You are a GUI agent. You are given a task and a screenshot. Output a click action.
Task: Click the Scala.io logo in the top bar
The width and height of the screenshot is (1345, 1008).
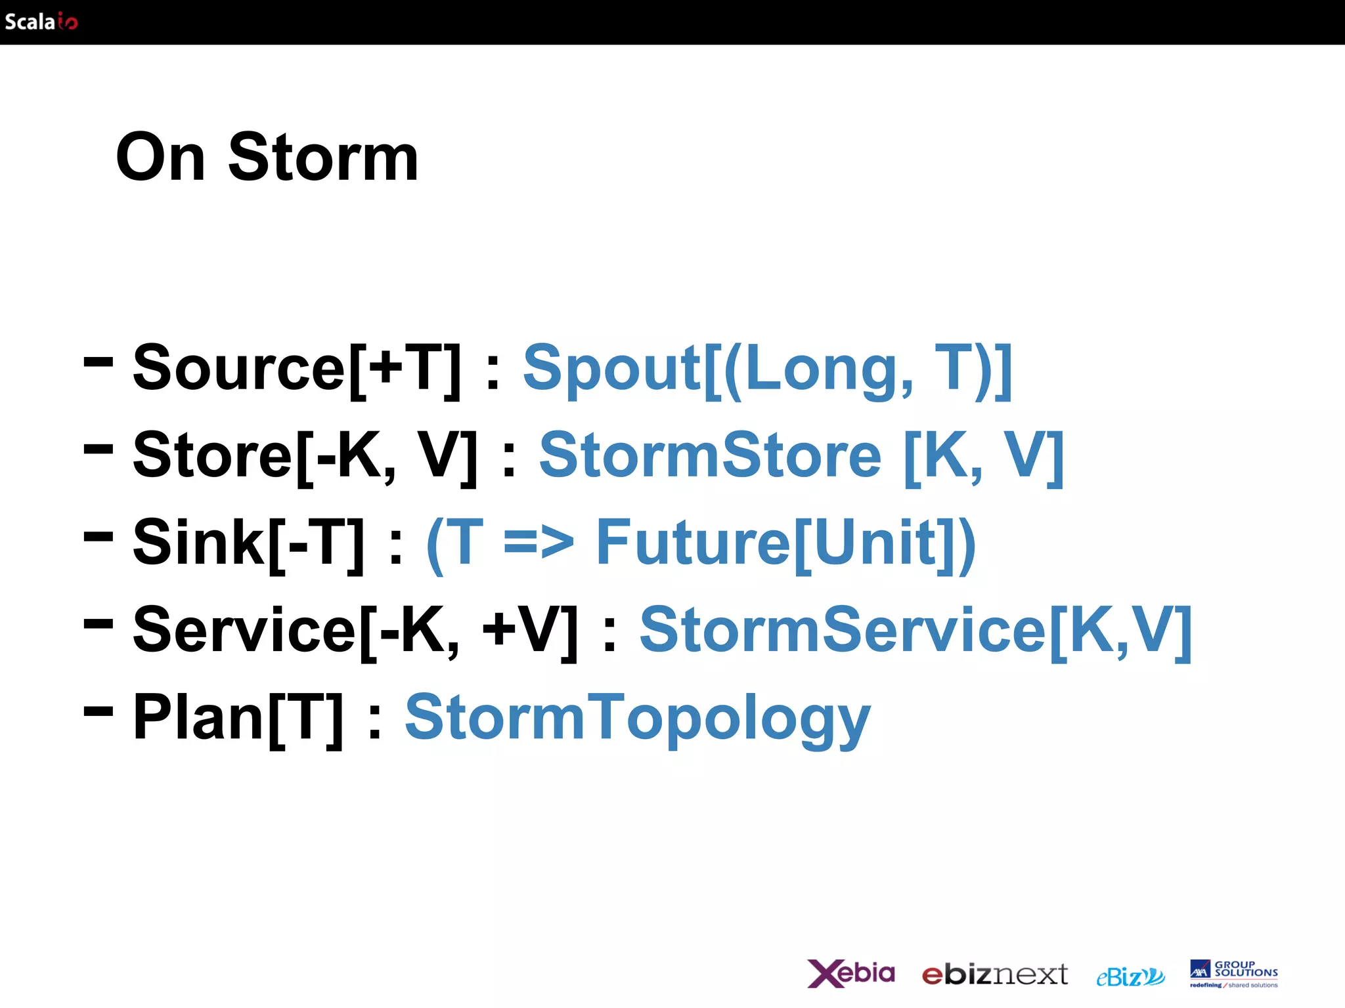[x=41, y=22]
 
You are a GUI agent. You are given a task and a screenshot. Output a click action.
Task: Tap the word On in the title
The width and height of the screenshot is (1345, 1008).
[x=160, y=157]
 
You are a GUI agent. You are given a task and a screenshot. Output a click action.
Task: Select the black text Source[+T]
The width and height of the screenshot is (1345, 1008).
[x=297, y=369]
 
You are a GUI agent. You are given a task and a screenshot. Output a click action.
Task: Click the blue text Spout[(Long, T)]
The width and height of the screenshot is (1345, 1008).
[x=767, y=369]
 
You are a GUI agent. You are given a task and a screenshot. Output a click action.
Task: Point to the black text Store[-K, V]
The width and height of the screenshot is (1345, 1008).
[x=305, y=456]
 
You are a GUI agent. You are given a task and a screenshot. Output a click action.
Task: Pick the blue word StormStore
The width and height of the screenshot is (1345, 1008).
[x=710, y=456]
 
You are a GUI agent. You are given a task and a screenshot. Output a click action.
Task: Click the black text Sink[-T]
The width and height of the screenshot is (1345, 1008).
[x=248, y=543]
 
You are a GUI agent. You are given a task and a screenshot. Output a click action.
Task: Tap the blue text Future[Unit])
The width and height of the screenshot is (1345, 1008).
[x=785, y=543]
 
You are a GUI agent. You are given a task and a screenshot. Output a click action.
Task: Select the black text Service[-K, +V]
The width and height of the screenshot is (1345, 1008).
[x=355, y=631]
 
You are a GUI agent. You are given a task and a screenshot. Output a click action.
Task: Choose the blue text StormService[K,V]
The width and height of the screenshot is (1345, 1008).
[x=915, y=631]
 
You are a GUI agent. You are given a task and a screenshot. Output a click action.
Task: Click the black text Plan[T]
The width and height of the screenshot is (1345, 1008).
[x=238, y=718]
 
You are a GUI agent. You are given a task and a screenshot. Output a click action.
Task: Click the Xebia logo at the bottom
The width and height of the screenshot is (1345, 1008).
[x=850, y=973]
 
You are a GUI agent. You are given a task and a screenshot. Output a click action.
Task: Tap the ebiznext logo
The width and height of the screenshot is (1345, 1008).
[x=994, y=975]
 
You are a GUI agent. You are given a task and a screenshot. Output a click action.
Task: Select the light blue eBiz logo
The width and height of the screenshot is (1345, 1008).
[x=1130, y=976]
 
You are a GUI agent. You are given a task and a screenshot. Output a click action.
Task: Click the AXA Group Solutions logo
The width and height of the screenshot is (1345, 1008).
[x=1233, y=973]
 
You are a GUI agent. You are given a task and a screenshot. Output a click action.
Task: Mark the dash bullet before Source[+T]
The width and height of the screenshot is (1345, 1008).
[x=99, y=360]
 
